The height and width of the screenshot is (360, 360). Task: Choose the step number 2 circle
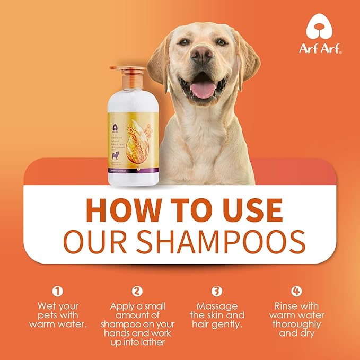pos(137,291)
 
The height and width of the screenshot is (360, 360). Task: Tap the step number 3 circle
pos(216,291)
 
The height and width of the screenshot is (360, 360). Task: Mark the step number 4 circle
pos(297,291)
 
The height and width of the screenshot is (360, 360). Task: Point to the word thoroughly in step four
pos(297,324)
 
